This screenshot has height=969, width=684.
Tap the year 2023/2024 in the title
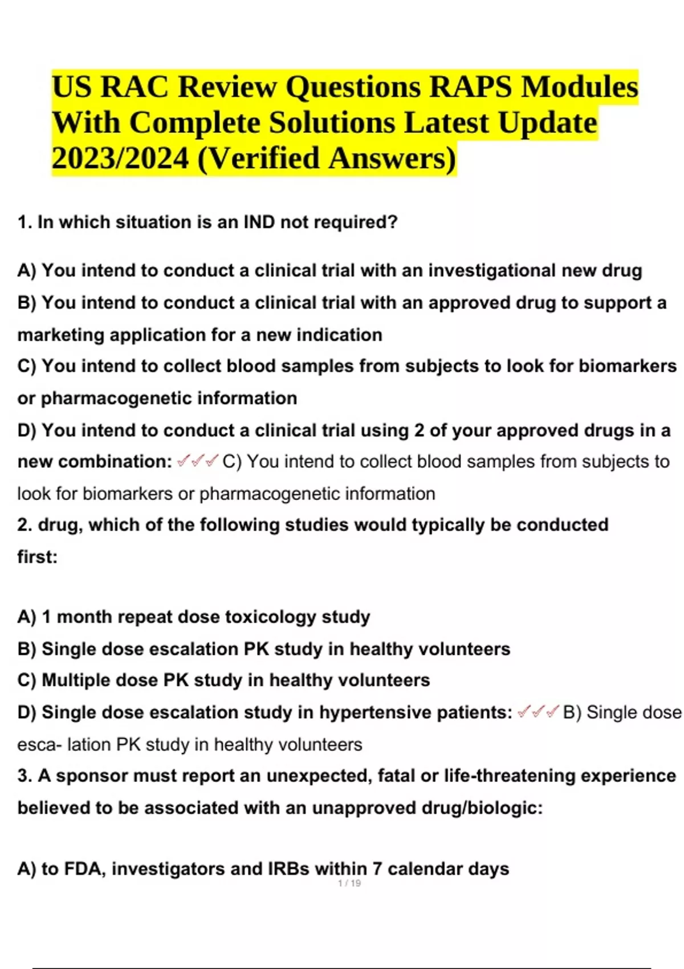pos(120,158)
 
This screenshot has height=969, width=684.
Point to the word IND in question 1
pos(259,222)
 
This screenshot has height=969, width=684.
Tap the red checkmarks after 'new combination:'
pos(197,461)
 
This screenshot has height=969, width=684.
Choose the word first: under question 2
pos(38,556)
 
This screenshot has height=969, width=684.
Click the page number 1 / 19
pos(349,883)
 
